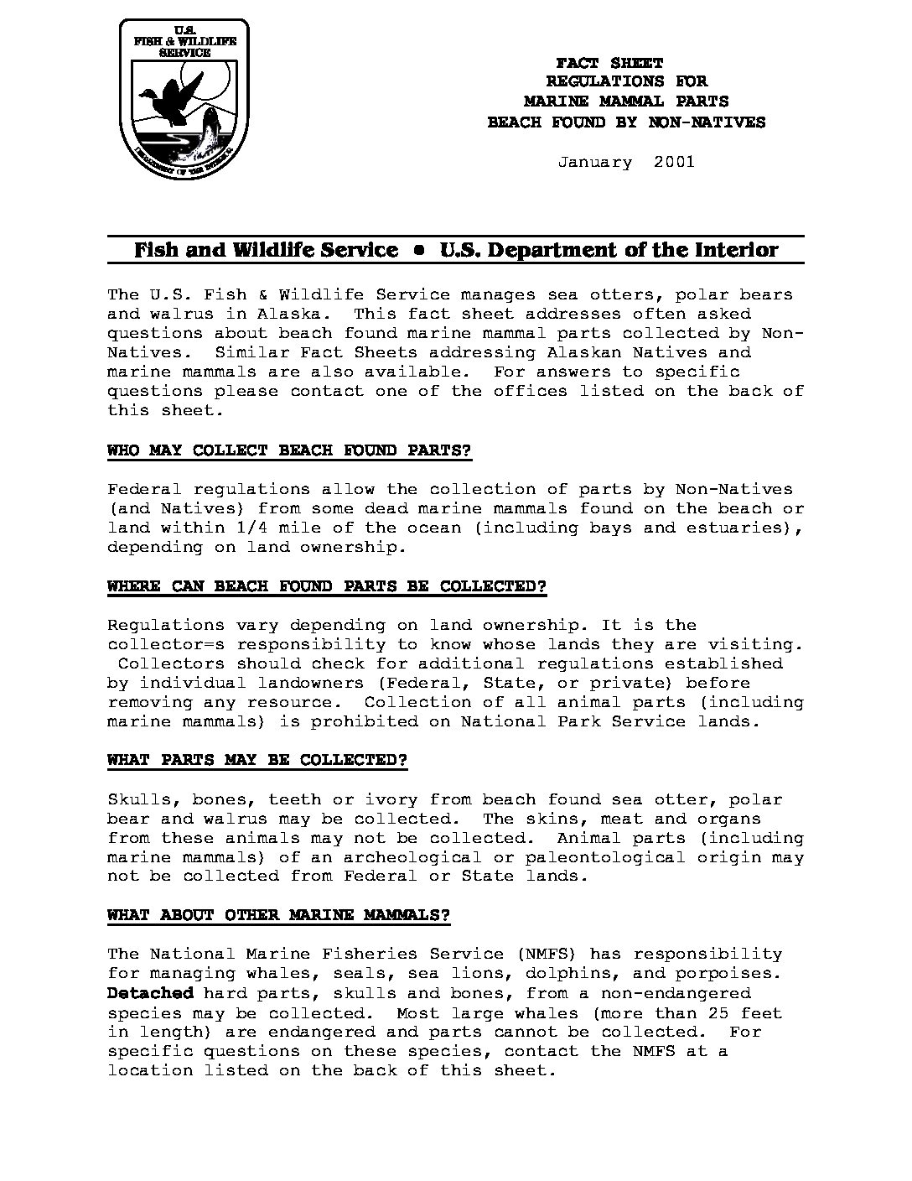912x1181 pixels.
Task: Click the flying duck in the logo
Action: point(173,91)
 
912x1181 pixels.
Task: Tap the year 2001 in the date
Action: point(674,162)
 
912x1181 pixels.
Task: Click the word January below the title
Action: point(595,162)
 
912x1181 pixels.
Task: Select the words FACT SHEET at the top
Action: point(609,63)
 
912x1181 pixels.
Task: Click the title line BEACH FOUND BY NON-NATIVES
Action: point(626,122)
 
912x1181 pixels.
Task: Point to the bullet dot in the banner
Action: point(419,250)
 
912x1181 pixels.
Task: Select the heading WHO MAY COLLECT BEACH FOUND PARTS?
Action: point(289,450)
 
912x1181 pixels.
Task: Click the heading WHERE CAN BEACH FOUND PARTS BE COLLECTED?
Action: point(327,586)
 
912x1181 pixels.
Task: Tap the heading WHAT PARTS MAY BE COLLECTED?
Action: point(257,760)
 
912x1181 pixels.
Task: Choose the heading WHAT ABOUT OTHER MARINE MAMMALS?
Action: point(278,915)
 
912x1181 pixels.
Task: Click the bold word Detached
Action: point(150,993)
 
